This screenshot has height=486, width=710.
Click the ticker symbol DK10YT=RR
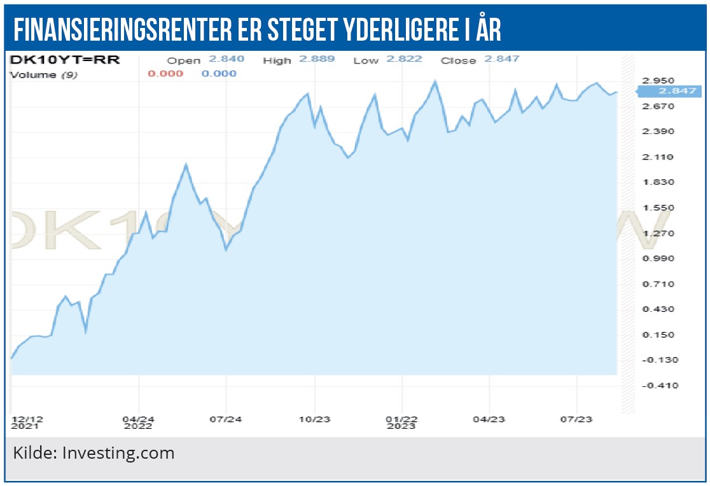(x=65, y=60)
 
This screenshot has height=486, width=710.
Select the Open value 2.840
(x=226, y=59)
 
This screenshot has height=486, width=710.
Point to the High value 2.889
(x=317, y=59)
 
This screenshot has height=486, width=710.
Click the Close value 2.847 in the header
(x=502, y=59)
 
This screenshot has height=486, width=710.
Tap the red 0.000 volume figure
(x=165, y=74)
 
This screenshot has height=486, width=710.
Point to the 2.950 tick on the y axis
(x=658, y=81)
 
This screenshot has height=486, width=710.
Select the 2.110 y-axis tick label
(x=658, y=157)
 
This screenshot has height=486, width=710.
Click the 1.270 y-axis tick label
(x=658, y=233)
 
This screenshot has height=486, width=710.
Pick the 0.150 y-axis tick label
(x=658, y=335)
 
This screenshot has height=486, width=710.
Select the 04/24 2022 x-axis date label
(x=138, y=422)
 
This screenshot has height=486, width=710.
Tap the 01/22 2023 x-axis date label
(x=401, y=422)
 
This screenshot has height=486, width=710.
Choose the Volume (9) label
(x=42, y=74)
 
